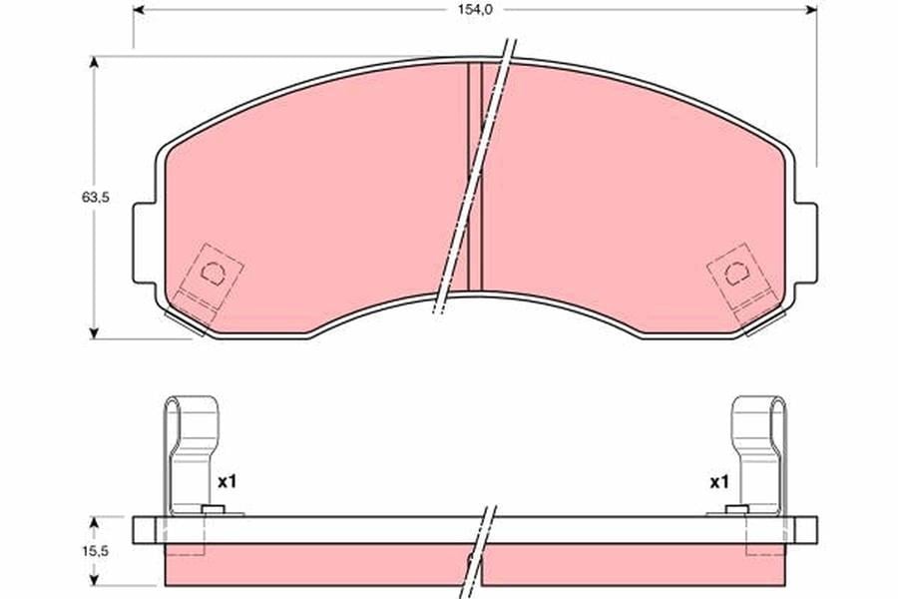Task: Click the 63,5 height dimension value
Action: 95,198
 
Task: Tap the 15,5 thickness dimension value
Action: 95,551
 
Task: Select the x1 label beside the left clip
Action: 226,482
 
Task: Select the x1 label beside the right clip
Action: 719,482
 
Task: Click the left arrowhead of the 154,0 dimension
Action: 139,10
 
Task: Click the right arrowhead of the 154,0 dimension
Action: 811,10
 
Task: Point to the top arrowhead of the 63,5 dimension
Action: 95,62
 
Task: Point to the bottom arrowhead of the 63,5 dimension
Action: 95,333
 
